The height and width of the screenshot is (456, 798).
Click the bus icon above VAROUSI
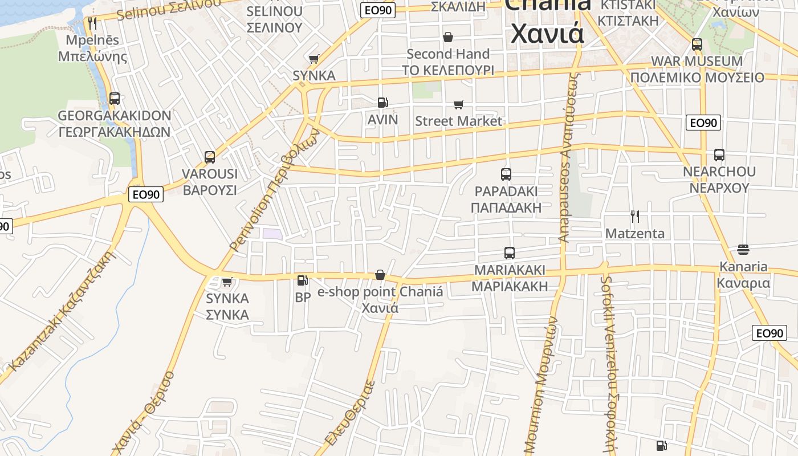point(210,157)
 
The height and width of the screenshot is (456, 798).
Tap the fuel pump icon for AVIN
point(383,103)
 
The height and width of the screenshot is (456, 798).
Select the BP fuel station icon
point(302,280)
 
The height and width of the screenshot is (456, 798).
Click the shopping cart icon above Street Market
point(459,104)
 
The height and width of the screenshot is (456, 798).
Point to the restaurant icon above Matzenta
point(634,217)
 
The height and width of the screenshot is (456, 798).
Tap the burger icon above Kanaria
point(743,249)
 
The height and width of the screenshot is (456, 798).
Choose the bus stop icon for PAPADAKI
point(506,174)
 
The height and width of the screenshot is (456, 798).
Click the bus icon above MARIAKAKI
point(510,253)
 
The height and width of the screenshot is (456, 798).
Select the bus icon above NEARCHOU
point(719,154)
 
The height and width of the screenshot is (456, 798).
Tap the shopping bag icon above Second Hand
point(448,37)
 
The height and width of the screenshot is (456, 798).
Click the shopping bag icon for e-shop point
point(380,275)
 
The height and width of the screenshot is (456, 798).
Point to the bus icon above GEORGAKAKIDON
point(115,99)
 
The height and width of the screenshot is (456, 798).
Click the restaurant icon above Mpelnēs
point(92,23)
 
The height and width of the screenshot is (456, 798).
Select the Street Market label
point(458,121)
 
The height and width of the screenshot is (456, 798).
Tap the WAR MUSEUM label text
point(697,61)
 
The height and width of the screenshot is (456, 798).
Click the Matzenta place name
point(634,233)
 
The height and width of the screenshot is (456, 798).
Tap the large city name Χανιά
point(547,33)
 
